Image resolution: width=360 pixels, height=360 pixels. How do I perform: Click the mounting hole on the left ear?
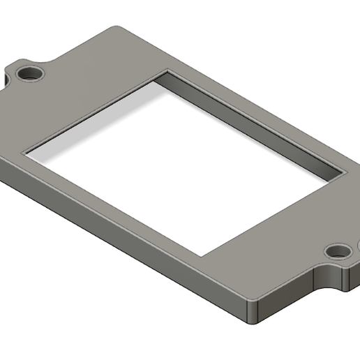click(x=29, y=73)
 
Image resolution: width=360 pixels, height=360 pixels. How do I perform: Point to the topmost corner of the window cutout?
click(x=166, y=71)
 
